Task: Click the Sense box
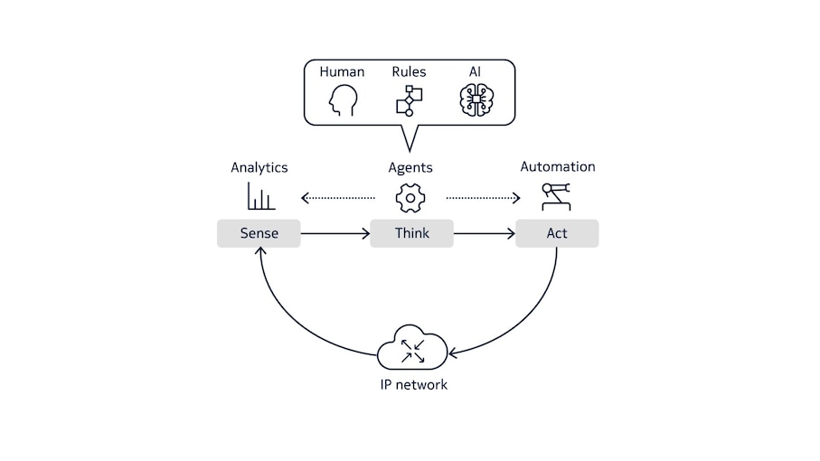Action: pos(259,233)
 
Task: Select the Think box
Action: pos(411,233)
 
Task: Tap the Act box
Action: pos(557,233)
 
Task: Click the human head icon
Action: pos(342,100)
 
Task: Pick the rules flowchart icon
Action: pos(410,100)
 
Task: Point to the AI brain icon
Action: pos(476,100)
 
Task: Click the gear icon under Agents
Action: pos(410,197)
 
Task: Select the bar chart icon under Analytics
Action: pos(260,196)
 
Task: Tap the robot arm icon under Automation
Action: pos(556,196)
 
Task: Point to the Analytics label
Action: pos(259,167)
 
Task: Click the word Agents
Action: pos(410,167)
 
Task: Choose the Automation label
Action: pos(557,166)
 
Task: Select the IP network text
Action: pos(412,384)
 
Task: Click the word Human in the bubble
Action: pos(342,71)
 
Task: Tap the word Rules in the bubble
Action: pos(409,71)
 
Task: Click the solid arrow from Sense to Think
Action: pos(335,234)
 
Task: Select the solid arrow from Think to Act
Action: pos(484,234)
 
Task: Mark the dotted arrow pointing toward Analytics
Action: pos(337,197)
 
